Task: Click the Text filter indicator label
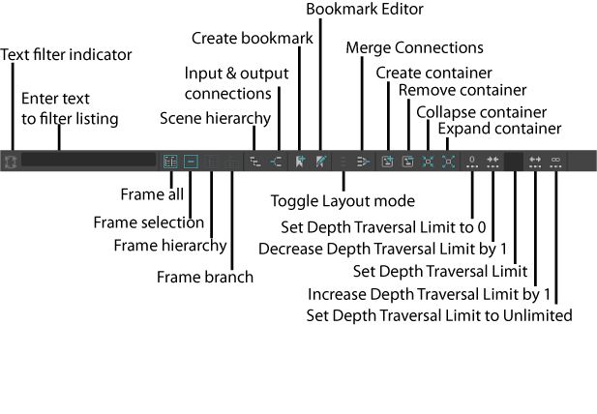click(67, 54)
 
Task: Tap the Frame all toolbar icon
click(170, 162)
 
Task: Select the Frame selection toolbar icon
click(191, 162)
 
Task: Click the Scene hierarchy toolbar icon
click(255, 162)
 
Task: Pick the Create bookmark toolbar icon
click(301, 162)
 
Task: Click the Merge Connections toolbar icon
click(363, 162)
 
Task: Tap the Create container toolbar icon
click(387, 162)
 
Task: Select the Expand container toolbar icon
click(449, 162)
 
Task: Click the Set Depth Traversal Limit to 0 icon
click(472, 162)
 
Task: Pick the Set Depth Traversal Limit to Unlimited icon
click(556, 162)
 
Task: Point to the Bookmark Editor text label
click(364, 10)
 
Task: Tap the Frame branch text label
click(205, 277)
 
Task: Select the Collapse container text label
click(481, 111)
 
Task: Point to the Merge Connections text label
click(414, 47)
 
